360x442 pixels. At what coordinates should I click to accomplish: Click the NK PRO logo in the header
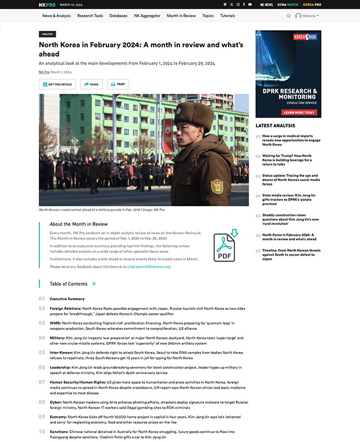47,5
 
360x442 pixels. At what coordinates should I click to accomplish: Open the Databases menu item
118,16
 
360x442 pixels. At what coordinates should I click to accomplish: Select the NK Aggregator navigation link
147,16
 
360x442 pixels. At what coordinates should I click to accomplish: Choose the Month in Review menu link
181,16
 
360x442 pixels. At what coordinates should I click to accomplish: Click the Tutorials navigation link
227,16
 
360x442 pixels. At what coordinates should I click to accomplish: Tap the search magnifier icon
289,16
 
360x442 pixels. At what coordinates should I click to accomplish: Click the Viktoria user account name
309,16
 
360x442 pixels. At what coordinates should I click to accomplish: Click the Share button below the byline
91,84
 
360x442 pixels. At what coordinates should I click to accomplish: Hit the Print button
117,84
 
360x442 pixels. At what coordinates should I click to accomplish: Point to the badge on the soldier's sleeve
217,186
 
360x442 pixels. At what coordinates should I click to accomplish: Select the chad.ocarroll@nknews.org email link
149,267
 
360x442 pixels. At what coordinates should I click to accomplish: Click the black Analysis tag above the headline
47,34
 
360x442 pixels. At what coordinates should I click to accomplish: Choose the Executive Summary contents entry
67,299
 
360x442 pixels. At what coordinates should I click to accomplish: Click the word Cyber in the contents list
55,402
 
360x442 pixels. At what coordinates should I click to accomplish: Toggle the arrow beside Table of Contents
94,284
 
